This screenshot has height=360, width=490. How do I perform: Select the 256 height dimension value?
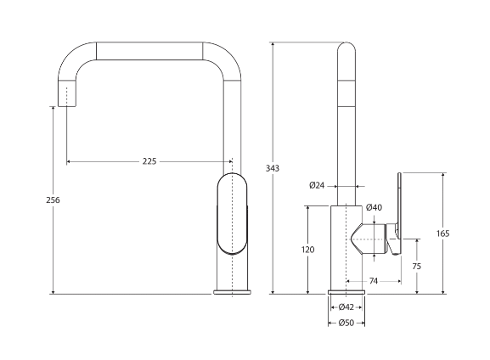coord(53,200)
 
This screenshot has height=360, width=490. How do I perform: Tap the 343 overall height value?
coord(273,168)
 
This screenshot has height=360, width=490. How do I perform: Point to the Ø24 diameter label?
coord(317,184)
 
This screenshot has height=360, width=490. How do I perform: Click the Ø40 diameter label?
coord(374,207)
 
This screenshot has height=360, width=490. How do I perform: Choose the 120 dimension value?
coord(307,250)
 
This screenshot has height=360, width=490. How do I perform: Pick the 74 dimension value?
coord(374,281)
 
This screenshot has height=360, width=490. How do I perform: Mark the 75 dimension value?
coord(416,266)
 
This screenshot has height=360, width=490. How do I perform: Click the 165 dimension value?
coord(442,233)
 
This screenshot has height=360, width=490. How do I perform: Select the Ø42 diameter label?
coord(346,307)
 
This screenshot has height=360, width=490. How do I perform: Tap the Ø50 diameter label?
coord(346,322)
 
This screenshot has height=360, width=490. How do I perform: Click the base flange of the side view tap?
coord(346,291)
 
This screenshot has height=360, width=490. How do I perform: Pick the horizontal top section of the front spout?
coord(149,50)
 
